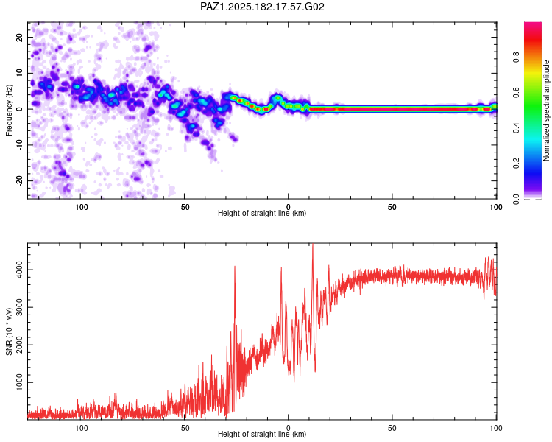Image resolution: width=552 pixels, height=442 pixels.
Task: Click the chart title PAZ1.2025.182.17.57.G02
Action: tap(262, 7)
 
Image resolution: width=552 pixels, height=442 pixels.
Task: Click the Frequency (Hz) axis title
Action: tap(9, 110)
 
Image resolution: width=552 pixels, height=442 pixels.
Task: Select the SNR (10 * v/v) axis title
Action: tap(9, 331)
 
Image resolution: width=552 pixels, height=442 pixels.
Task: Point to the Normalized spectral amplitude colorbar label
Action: tap(546, 110)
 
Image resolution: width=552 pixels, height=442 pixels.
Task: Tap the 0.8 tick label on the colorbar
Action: tap(516, 57)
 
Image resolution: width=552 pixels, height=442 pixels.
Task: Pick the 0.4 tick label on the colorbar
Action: tap(516, 128)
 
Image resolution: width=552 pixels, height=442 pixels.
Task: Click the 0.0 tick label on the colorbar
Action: tap(516, 199)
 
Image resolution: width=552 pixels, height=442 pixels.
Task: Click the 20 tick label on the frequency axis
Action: tap(19, 37)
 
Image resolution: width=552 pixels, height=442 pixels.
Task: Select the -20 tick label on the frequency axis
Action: tap(19, 180)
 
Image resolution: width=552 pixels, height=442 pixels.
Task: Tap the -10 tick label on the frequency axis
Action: tap(19, 145)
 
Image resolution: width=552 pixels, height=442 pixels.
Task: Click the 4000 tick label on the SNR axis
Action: tap(19, 270)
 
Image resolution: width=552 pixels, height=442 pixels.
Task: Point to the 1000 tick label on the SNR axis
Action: tap(19, 382)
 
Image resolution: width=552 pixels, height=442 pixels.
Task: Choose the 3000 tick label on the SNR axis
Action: tap(19, 307)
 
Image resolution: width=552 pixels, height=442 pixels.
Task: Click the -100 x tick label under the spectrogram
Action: tap(80, 207)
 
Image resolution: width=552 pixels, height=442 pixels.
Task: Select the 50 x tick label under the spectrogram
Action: tap(392, 207)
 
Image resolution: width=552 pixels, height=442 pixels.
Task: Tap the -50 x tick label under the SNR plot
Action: tap(184, 428)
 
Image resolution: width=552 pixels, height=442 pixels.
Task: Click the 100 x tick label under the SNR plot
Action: tap(496, 428)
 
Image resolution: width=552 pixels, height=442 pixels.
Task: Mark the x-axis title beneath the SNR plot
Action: tap(262, 434)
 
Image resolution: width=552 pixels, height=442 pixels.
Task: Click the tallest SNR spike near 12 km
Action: tap(313, 245)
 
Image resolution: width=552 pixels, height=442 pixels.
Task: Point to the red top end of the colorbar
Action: tap(533, 24)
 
